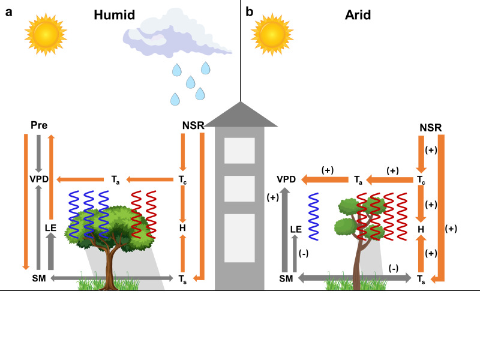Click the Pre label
click(x=38, y=125)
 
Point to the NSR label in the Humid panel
click(x=193, y=125)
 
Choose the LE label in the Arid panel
click(x=295, y=229)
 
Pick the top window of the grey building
click(x=240, y=150)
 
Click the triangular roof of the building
click(x=240, y=115)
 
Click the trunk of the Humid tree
click(x=110, y=264)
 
